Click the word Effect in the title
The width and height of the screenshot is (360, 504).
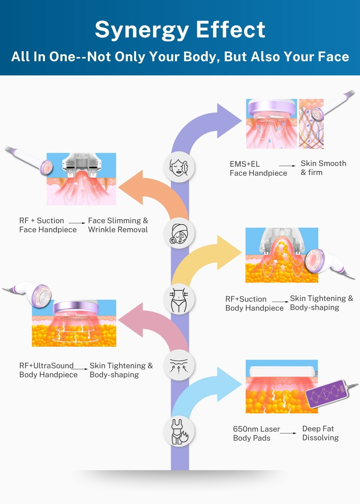pos(231,29)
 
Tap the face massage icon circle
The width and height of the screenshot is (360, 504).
pos(179,167)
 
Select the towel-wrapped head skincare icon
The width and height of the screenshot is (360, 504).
pos(179,233)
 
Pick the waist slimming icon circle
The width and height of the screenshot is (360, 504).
pos(179,299)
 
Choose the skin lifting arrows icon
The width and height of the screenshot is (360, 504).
pos(179,365)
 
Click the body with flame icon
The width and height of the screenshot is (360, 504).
pos(179,431)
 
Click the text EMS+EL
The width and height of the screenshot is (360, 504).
pos(244,164)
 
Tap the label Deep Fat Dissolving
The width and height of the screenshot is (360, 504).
pos(320,433)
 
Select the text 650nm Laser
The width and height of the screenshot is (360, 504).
pos(256,429)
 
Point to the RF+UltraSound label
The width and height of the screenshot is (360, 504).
pos(46,365)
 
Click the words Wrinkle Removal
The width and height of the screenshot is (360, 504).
pos(118,230)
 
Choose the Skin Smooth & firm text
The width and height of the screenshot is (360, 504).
pos(323,168)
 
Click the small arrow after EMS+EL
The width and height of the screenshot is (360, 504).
pos(287,166)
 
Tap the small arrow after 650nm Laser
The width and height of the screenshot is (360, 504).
pos(288,433)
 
